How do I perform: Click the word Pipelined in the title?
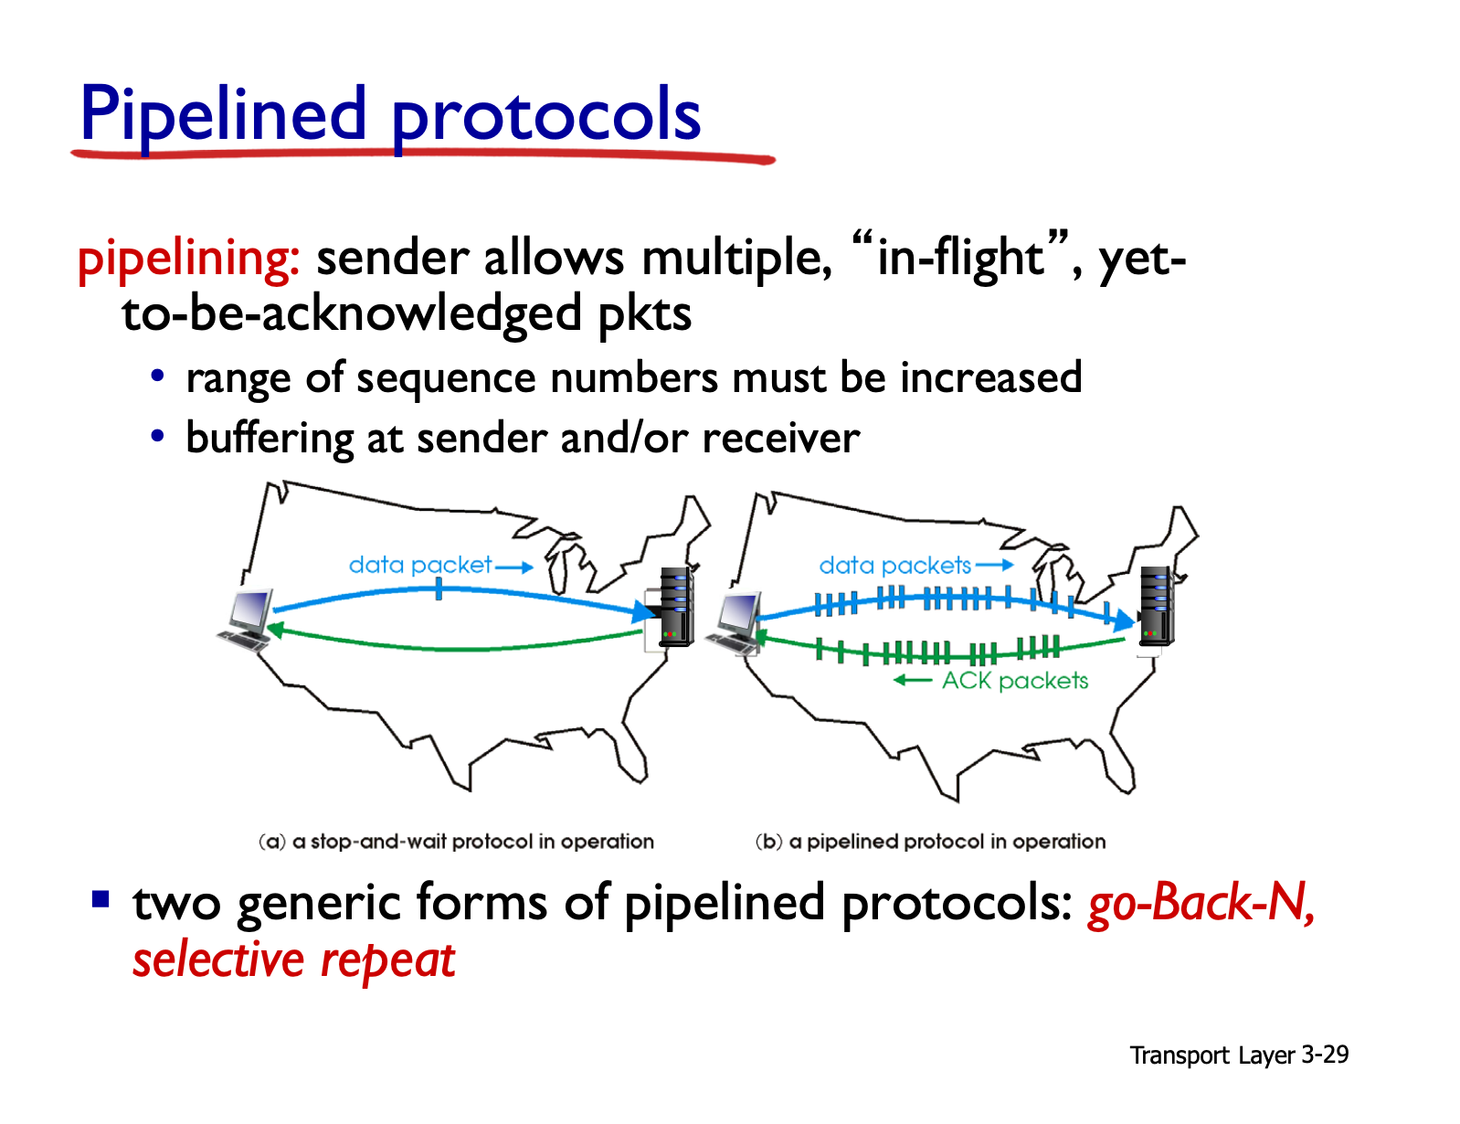[x=222, y=115]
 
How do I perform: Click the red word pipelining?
[x=189, y=260]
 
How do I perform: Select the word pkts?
[x=644, y=314]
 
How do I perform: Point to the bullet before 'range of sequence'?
[x=157, y=376]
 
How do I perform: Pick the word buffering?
[x=270, y=440]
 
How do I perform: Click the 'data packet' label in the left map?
[x=420, y=565]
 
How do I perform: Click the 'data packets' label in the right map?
[x=895, y=566]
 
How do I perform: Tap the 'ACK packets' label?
[x=1014, y=681]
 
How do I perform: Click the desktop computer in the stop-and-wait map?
[x=247, y=620]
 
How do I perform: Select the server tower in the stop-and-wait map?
[x=676, y=607]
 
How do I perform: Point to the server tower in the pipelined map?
[x=1157, y=607]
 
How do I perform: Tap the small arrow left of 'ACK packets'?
[x=913, y=681]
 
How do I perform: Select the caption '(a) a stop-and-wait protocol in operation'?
[x=456, y=841]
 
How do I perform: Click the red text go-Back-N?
[x=1200, y=902]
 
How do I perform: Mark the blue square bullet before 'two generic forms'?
[x=101, y=899]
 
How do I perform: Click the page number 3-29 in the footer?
[x=1325, y=1055]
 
